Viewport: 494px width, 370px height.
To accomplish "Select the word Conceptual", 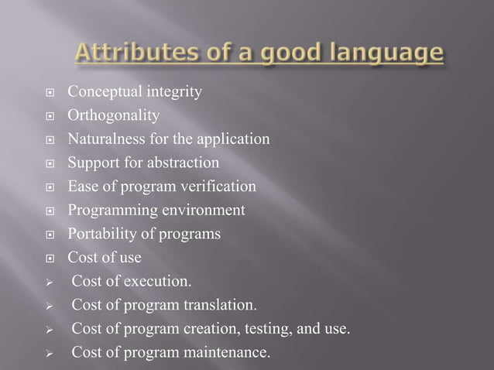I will [101, 93].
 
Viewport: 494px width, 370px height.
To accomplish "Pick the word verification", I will [218, 187].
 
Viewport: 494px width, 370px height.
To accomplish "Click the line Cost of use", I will [105, 257].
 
